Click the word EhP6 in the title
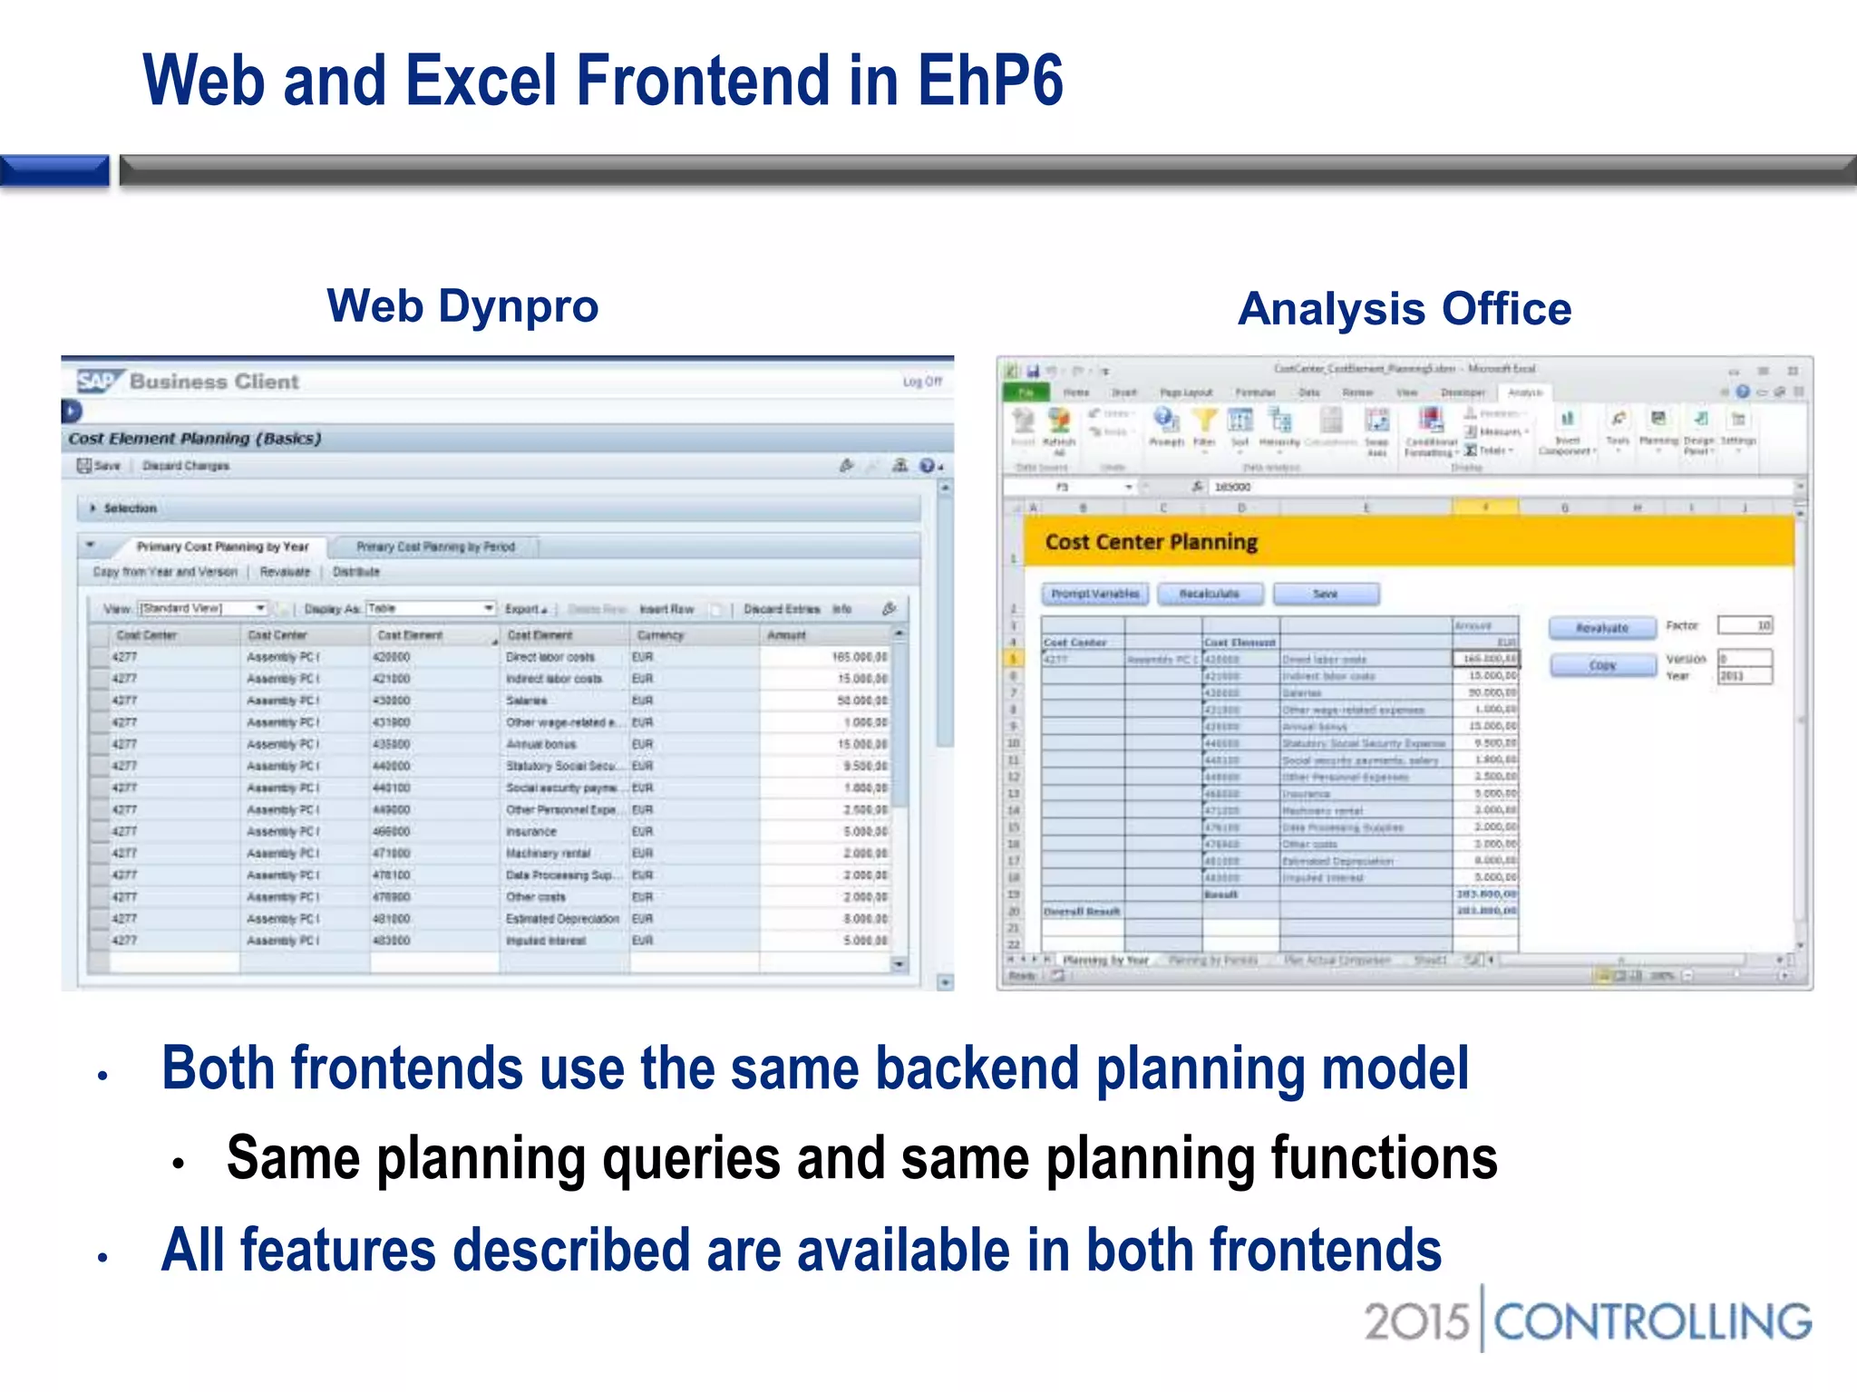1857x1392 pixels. pos(989,82)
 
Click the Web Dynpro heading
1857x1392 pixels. pos(462,306)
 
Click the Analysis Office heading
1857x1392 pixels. pos(1404,309)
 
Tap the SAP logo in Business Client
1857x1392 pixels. pos(97,382)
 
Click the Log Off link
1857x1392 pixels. pos(922,382)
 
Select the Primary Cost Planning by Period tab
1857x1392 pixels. pos(435,546)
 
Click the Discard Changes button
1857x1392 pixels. pos(185,466)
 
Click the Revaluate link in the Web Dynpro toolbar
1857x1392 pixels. pos(285,572)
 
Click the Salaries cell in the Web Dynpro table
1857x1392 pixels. pos(527,701)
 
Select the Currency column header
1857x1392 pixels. pos(660,635)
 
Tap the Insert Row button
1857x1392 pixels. pos(666,609)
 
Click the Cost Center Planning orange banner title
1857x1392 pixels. pos(1151,542)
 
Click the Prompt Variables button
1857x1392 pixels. pos(1094,594)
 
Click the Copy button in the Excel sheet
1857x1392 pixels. pos(1601,665)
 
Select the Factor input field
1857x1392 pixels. pos(1745,625)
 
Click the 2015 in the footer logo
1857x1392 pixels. pos(1415,1321)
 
